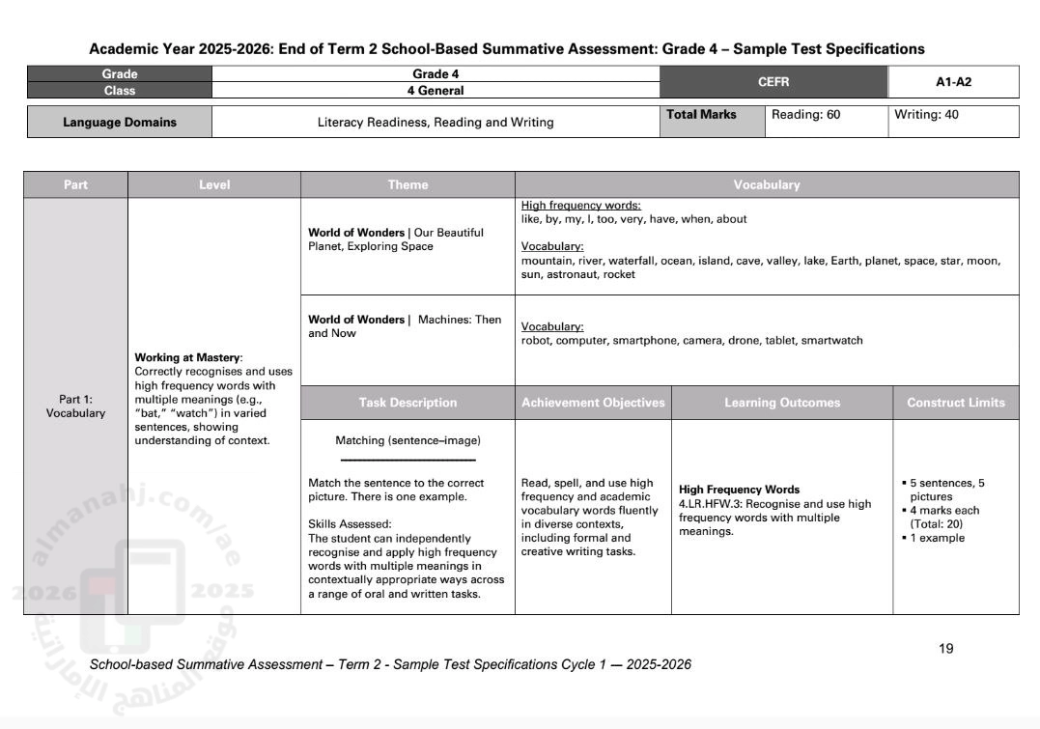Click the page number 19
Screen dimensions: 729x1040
click(945, 649)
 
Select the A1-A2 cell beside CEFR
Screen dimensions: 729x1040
click(953, 82)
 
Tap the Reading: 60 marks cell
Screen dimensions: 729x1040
click(805, 115)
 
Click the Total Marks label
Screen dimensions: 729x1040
click(701, 115)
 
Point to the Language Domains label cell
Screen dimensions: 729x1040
click(120, 123)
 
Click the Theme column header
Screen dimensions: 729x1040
click(408, 184)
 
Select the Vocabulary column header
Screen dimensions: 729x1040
click(767, 184)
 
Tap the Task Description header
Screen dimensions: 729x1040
click(408, 403)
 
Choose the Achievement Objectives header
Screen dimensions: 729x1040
click(593, 403)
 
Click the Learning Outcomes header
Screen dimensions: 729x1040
click(782, 403)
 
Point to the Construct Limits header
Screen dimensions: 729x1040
click(955, 403)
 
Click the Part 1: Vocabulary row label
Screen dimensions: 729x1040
click(75, 407)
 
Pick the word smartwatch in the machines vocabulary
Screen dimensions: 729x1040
click(831, 340)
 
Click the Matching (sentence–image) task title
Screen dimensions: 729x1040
click(408, 440)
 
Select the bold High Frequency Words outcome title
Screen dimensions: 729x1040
click(739, 490)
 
